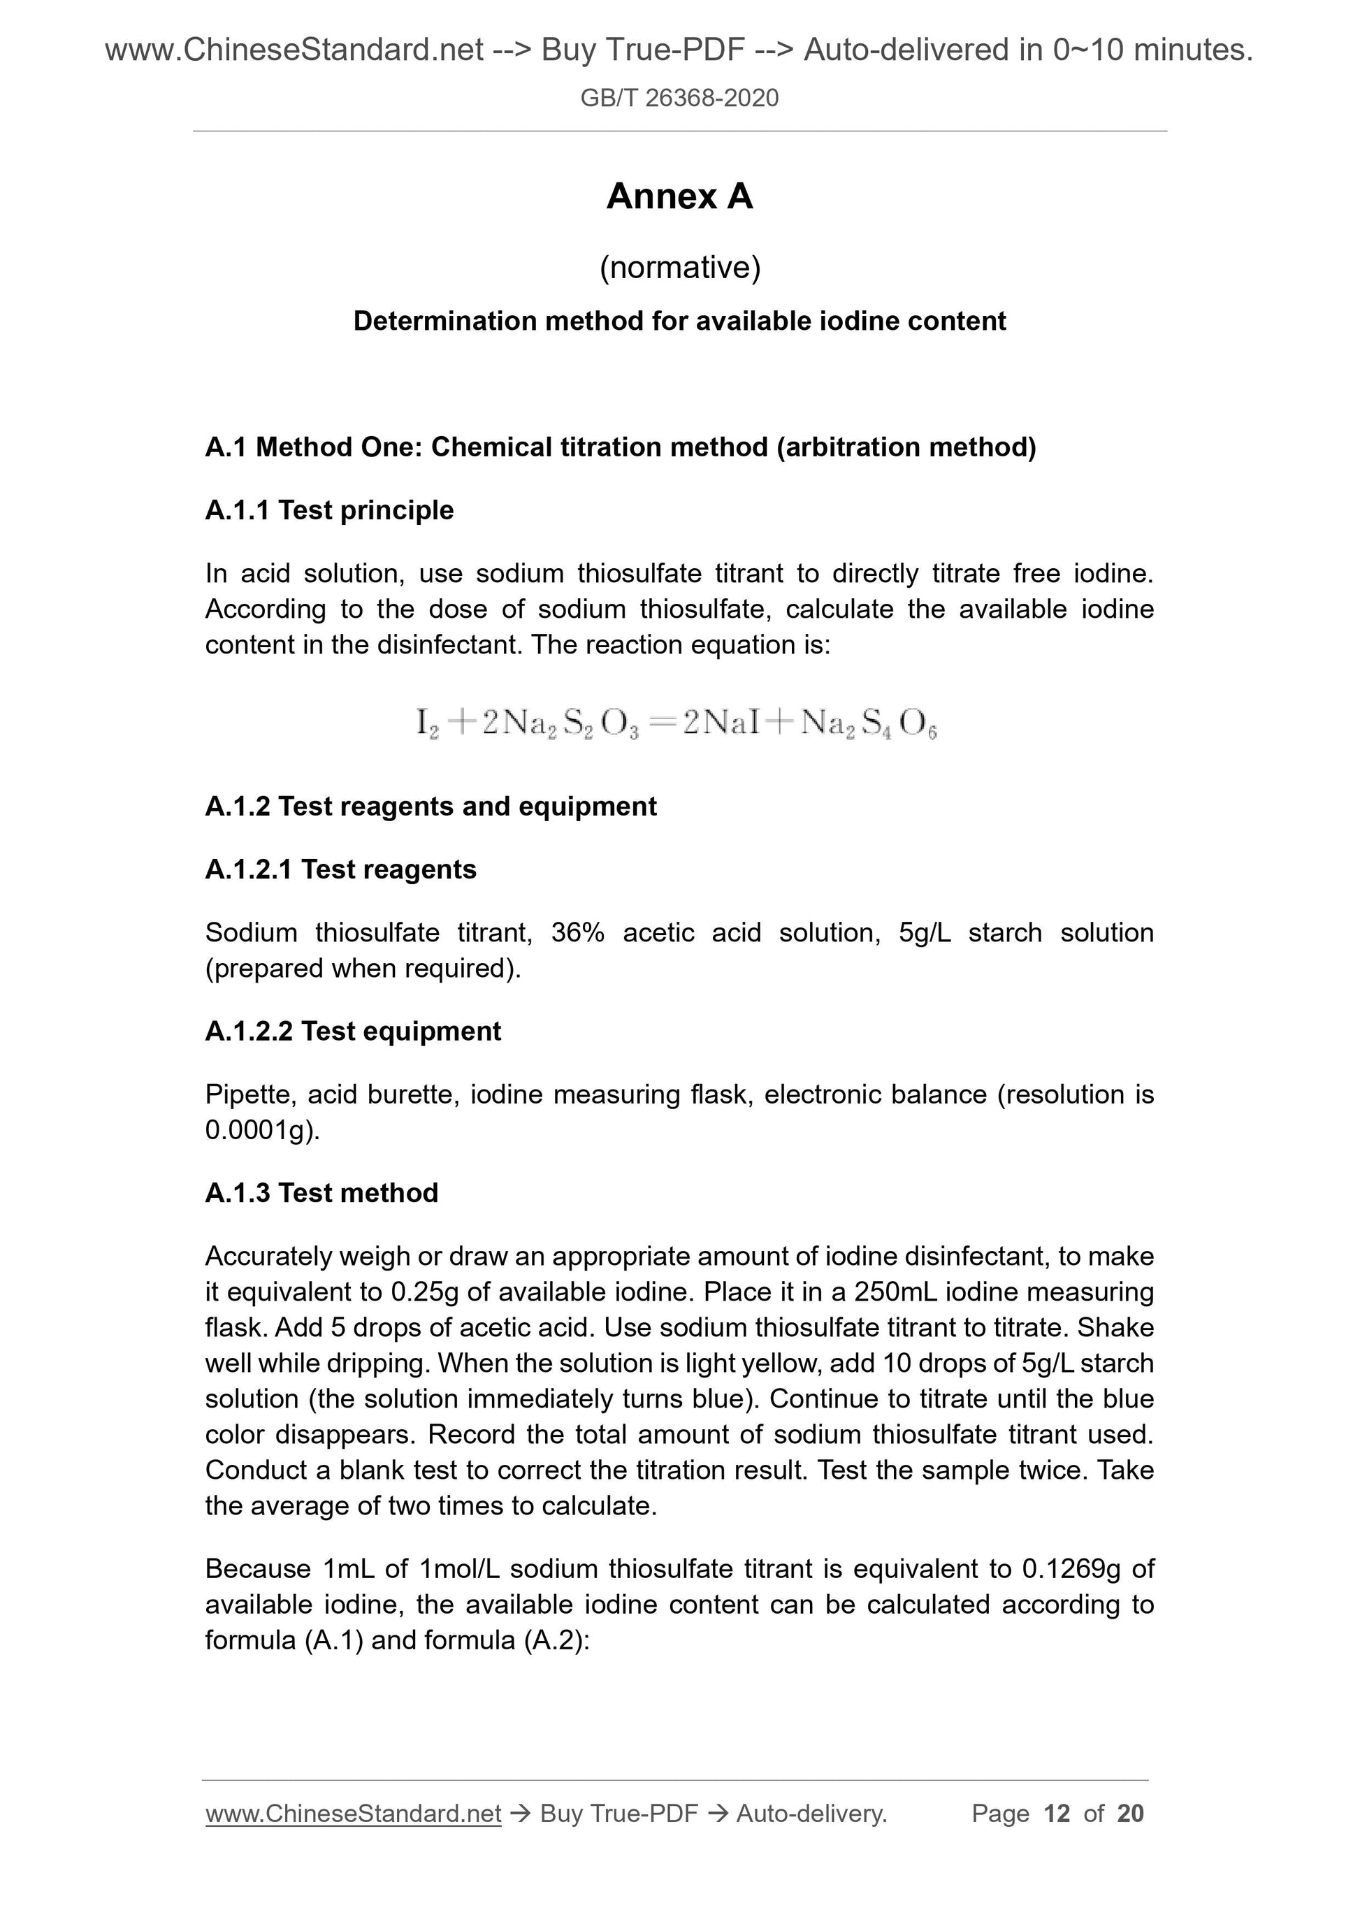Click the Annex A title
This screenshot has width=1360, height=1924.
point(679,197)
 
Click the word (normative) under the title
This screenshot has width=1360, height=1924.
point(679,267)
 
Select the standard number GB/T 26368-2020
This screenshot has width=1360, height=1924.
point(679,98)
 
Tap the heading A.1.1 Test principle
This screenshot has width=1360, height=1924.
point(329,509)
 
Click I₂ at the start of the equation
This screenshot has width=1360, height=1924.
point(426,723)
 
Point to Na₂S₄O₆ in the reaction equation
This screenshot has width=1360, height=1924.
point(868,723)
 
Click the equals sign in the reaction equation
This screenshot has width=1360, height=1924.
point(661,723)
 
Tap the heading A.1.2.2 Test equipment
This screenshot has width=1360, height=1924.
point(353,1031)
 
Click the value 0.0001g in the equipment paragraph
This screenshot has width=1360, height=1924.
point(260,1131)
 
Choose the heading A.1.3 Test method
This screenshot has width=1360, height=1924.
point(321,1192)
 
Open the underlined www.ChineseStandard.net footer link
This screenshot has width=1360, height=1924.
point(353,1814)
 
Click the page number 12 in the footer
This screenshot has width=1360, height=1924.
point(1057,1814)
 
